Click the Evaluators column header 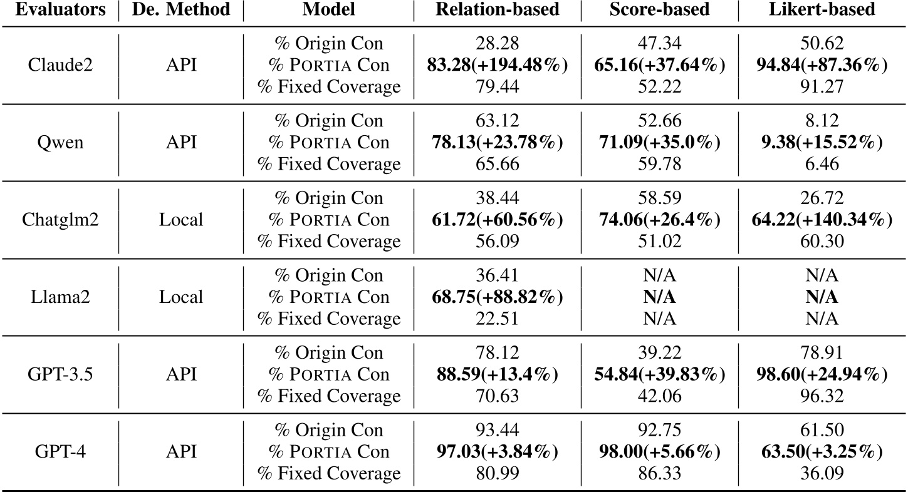point(58,11)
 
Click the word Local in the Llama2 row point(180,297)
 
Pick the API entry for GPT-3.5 point(180,374)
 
